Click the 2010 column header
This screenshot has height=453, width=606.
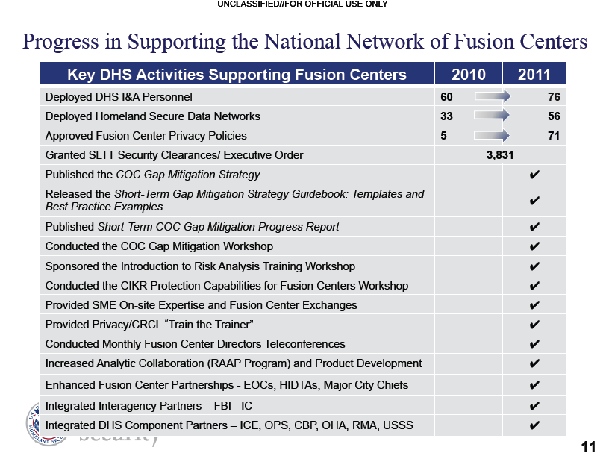point(469,74)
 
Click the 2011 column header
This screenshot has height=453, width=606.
point(534,74)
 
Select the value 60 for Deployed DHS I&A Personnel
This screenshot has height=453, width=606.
point(447,97)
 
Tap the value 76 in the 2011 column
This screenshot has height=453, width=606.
point(553,97)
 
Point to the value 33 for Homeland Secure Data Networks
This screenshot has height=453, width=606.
point(447,116)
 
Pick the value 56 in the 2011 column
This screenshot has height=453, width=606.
point(553,116)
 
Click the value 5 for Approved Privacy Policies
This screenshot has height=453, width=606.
point(444,136)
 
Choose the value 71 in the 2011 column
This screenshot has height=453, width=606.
point(553,136)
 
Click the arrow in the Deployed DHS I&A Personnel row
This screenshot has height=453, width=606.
point(490,96)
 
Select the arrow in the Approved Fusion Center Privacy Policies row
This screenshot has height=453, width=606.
point(490,136)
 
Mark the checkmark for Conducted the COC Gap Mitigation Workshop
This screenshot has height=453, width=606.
point(534,246)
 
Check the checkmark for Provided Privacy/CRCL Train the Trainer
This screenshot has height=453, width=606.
point(534,325)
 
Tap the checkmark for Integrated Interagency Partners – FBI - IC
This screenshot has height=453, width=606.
point(534,406)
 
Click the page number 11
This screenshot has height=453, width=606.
point(587,446)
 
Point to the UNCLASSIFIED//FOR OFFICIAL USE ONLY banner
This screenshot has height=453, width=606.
point(303,5)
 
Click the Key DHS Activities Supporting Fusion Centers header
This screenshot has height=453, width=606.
point(237,74)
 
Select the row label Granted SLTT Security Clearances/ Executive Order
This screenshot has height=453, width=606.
point(174,155)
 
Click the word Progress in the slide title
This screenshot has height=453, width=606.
point(60,42)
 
